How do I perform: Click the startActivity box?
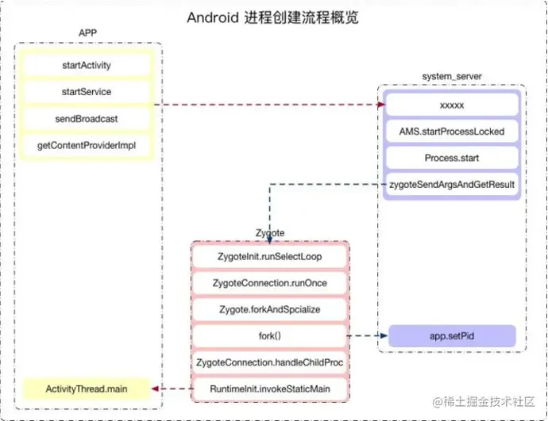pyautogui.click(x=87, y=65)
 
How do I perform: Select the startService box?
pyautogui.click(x=87, y=92)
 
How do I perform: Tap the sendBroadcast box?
pyautogui.click(x=87, y=119)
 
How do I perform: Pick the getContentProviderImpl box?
pyautogui.click(x=87, y=146)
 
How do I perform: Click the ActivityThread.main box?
pyautogui.click(x=87, y=389)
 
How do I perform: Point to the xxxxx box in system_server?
pyautogui.click(x=451, y=105)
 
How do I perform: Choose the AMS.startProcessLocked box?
pyautogui.click(x=451, y=131)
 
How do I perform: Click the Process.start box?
pyautogui.click(x=451, y=158)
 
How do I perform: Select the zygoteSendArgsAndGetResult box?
pyautogui.click(x=451, y=184)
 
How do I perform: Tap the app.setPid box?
pyautogui.click(x=451, y=335)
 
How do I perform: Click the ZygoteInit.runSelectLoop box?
pyautogui.click(x=270, y=257)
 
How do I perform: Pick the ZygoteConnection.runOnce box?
pyautogui.click(x=270, y=283)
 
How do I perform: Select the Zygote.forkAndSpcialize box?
pyautogui.click(x=270, y=310)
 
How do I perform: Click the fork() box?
pyautogui.click(x=270, y=336)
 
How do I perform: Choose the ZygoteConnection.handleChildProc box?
pyautogui.click(x=270, y=362)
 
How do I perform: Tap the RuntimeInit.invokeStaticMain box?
pyautogui.click(x=270, y=389)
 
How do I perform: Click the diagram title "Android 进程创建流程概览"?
pyautogui.click(x=272, y=17)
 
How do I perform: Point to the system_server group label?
pyautogui.click(x=451, y=76)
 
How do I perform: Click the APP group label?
pyautogui.click(x=88, y=33)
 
